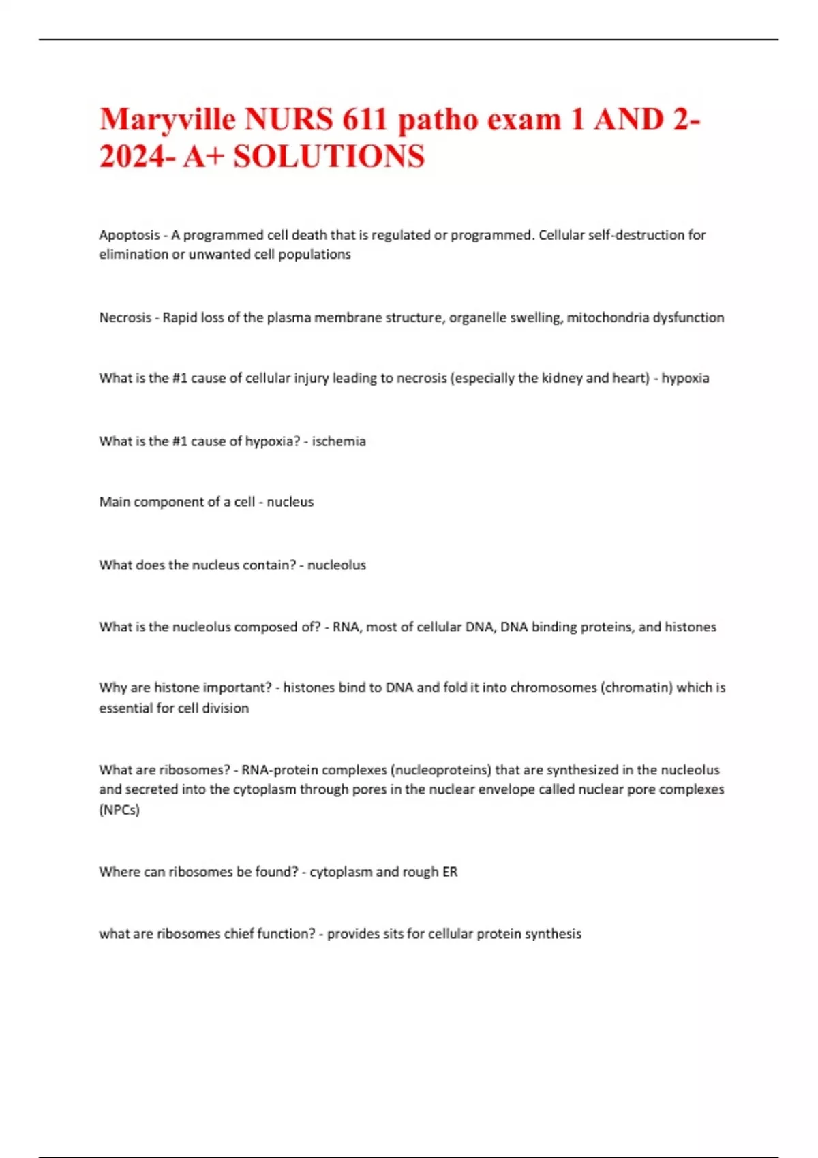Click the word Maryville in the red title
coord(168,120)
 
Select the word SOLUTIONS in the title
coord(329,157)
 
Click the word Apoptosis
coord(130,235)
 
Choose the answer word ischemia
coord(339,441)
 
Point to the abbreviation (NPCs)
coord(119,810)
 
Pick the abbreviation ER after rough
coord(450,872)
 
